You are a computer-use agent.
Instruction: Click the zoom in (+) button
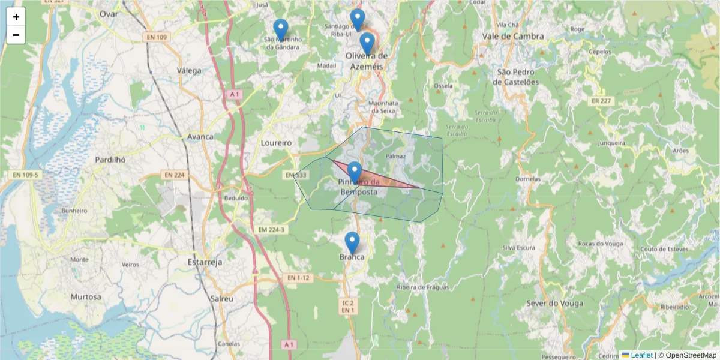click(x=16, y=17)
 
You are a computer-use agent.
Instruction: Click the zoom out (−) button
click(x=16, y=35)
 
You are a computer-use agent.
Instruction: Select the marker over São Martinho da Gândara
click(x=280, y=30)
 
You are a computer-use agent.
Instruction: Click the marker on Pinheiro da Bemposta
click(x=355, y=173)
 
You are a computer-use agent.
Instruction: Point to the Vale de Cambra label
click(x=513, y=36)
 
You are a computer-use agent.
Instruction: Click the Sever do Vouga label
click(x=554, y=303)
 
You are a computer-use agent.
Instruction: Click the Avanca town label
click(x=200, y=136)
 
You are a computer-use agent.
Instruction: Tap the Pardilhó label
click(x=110, y=160)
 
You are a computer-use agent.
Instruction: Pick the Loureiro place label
click(x=277, y=143)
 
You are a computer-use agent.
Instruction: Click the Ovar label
click(x=109, y=14)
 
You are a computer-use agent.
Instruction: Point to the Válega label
click(x=189, y=70)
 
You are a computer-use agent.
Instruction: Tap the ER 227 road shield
click(x=600, y=101)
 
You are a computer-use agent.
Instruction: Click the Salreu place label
click(x=221, y=298)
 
